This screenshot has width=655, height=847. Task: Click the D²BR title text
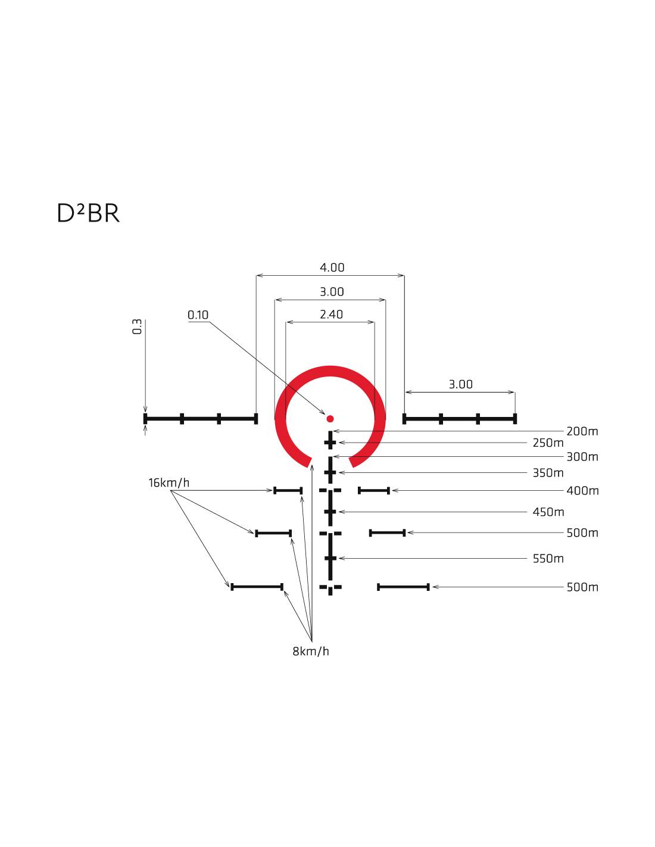[88, 213]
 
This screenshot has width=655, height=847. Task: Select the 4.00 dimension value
[332, 267]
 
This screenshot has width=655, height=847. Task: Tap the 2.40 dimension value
[331, 314]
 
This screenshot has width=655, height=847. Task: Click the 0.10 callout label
[198, 315]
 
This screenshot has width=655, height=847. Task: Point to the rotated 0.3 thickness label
[138, 326]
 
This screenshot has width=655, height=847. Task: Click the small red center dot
[330, 419]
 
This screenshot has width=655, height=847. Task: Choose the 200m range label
[582, 431]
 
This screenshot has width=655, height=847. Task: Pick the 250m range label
[548, 443]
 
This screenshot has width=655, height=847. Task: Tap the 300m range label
[582, 457]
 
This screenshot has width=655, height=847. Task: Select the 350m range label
[548, 473]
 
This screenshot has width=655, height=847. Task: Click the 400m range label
[582, 491]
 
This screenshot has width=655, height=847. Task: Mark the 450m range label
[548, 512]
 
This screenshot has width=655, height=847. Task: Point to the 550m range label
[548, 559]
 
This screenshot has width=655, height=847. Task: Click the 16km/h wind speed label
[169, 482]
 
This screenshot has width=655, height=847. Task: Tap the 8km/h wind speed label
[310, 651]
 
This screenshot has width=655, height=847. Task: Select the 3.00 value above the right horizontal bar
[460, 385]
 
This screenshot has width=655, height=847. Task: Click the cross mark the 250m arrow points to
[330, 443]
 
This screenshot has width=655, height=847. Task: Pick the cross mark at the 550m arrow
[330, 559]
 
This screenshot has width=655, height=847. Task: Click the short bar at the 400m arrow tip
[373, 491]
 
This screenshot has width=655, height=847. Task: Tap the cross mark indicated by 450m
[330, 512]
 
